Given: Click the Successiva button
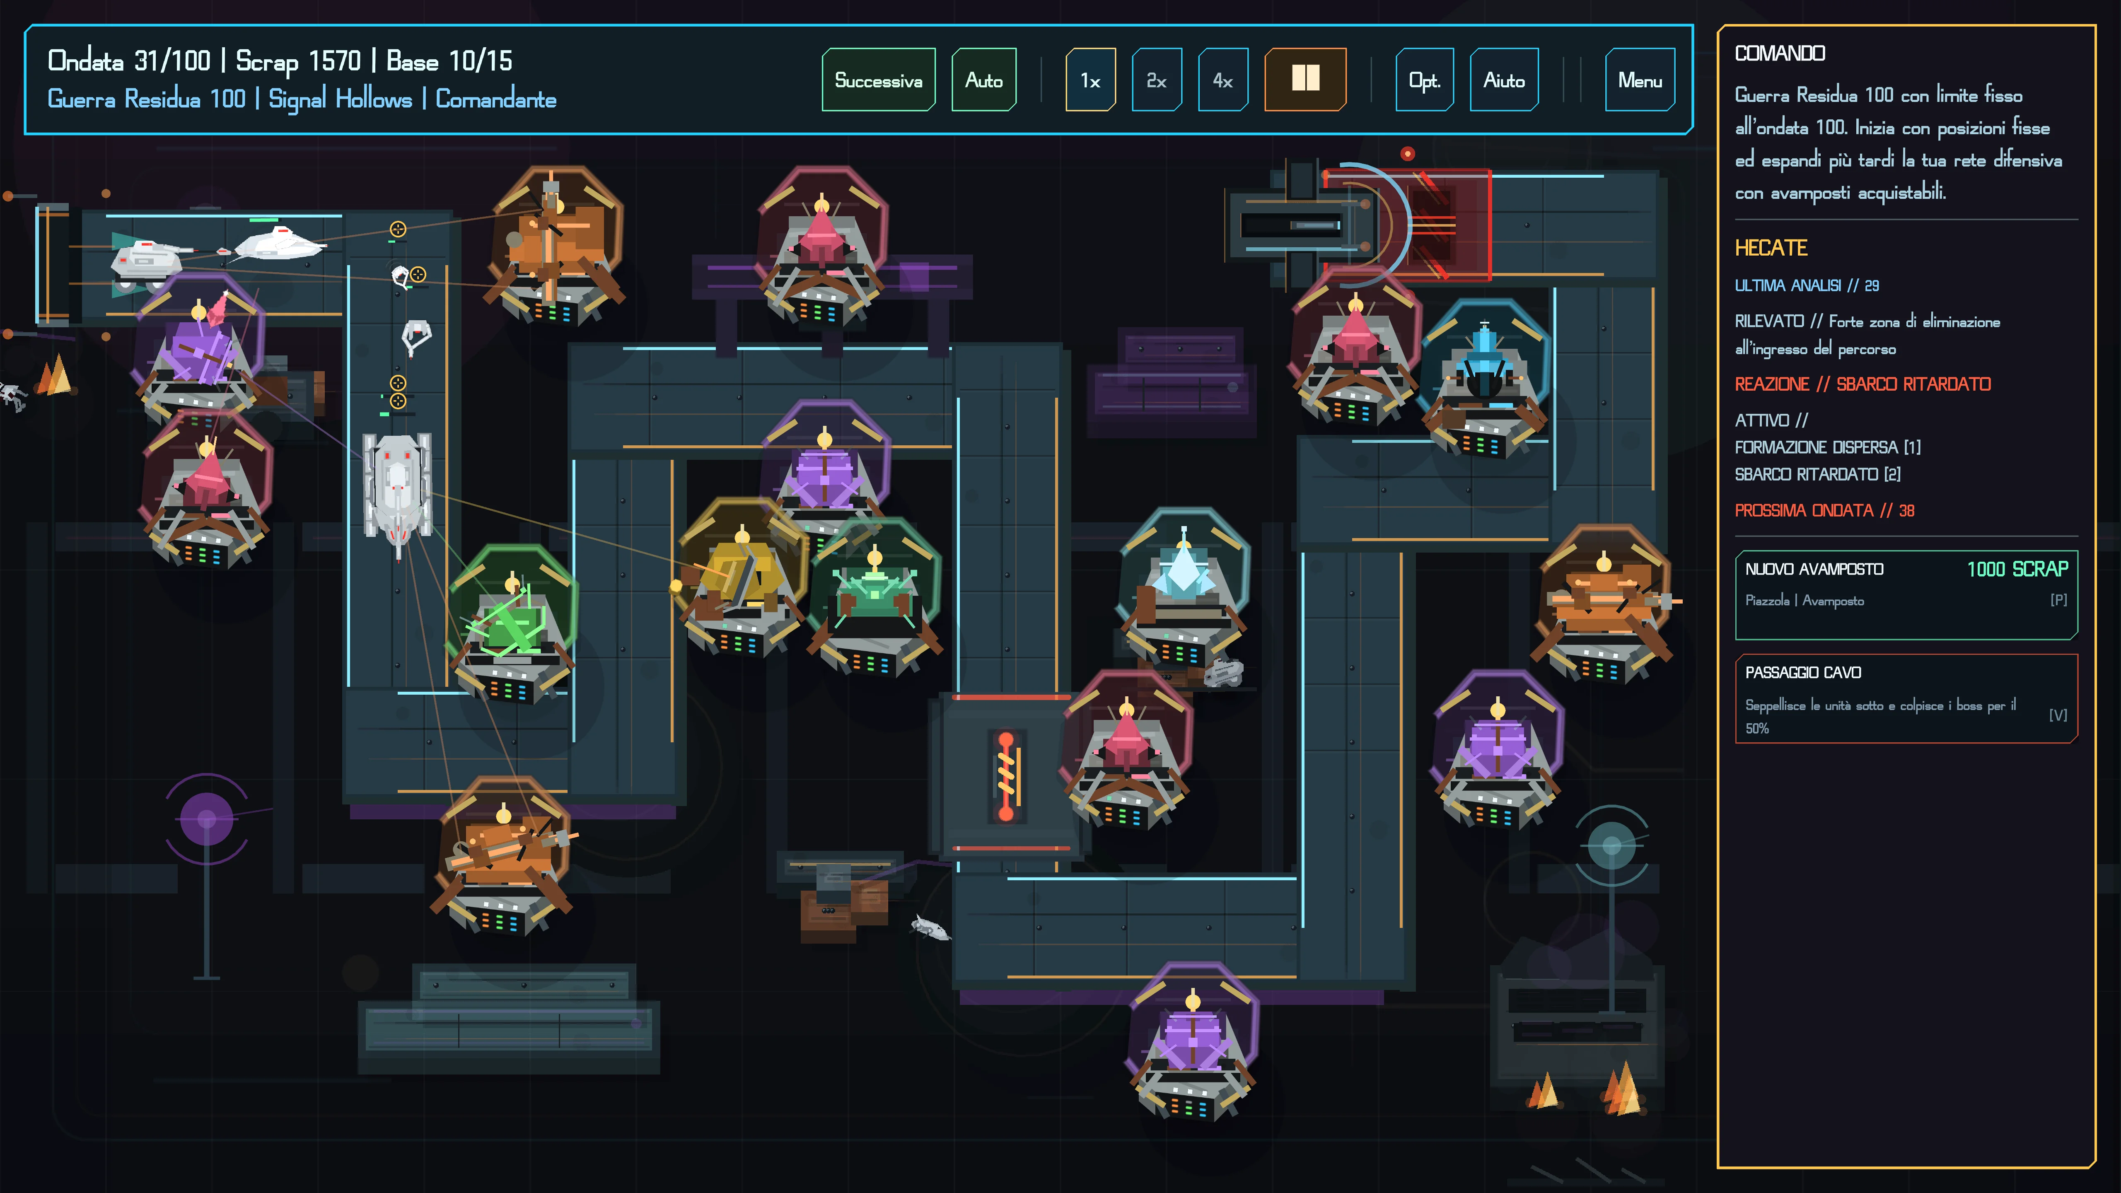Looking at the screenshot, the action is pos(879,80).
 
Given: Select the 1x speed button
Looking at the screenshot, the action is pos(1090,80).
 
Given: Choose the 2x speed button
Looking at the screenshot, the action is pos(1157,80).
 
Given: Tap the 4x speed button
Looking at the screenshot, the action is pos(1223,80).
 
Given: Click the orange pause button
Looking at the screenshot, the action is pos(1305,80).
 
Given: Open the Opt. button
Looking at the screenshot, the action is pos(1425,80).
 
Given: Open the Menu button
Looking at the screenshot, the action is pos(1639,80).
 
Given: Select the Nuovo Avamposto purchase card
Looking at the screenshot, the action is pos(1906,594).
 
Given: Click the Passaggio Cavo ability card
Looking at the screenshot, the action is pos(1906,698).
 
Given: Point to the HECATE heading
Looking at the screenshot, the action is pos(1770,248).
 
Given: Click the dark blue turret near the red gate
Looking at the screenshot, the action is pos(1485,379).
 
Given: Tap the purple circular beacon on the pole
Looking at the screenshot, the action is pos(207,819).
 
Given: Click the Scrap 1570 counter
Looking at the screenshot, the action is pos(298,61).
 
